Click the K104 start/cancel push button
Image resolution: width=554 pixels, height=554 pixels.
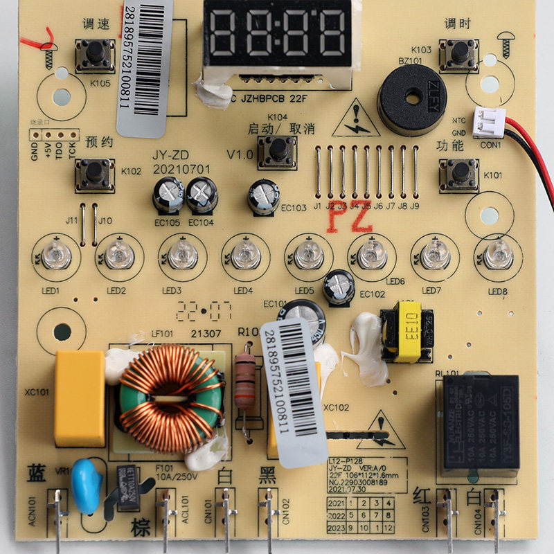pos(277,149)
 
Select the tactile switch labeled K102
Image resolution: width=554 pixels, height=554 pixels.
pos(93,173)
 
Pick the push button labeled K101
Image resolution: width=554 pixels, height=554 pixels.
pos(458,172)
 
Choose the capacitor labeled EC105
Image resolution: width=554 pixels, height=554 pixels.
pos(168,194)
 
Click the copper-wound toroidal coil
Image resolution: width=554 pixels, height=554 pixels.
pos(170,397)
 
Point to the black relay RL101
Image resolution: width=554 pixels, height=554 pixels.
pos(477,422)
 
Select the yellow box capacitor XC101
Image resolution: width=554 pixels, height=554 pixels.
pos(80,397)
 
